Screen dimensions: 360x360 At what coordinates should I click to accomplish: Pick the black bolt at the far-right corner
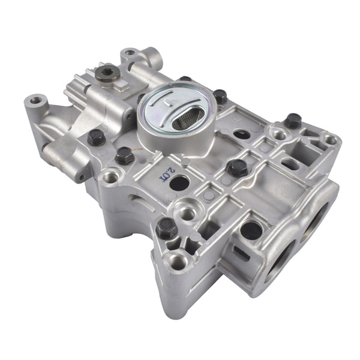tap(292, 121)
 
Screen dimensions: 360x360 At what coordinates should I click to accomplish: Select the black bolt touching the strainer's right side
tap(220, 96)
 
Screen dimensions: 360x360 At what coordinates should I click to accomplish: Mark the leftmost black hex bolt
tap(95, 137)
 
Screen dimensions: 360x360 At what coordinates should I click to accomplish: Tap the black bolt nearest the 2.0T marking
tap(124, 156)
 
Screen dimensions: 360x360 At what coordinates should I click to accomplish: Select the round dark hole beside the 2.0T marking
tap(179, 183)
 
